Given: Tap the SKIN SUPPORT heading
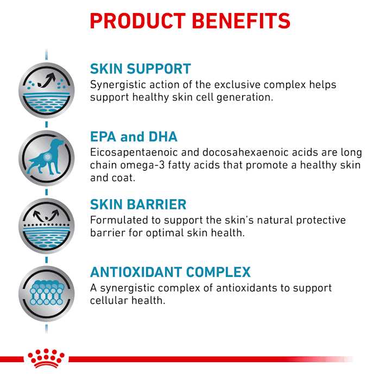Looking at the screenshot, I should pos(140,69).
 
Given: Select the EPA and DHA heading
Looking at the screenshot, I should pos(134,136).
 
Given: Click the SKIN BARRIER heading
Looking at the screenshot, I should pos(138,204).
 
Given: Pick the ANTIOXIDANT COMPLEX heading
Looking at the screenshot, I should pos(170,272).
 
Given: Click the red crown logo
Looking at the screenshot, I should pos(47,358).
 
